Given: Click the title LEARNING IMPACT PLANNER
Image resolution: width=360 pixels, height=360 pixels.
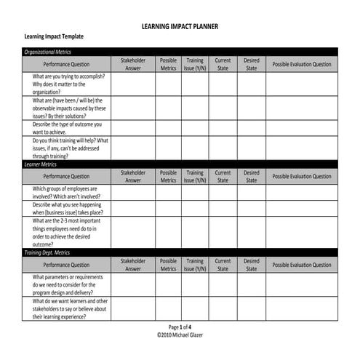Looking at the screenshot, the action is (180, 27).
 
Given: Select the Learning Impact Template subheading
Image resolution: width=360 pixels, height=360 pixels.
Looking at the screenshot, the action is (54, 36).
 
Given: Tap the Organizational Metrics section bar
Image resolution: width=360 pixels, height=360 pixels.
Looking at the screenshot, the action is (180, 52).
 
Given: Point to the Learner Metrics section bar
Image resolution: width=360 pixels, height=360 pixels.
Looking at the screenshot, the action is (180, 164).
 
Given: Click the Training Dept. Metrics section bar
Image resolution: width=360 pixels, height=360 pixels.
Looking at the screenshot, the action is (180, 252).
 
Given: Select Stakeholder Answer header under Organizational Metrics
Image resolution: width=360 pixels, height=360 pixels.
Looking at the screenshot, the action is (133, 64).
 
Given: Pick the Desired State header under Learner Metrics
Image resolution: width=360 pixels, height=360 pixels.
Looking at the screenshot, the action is (251, 176).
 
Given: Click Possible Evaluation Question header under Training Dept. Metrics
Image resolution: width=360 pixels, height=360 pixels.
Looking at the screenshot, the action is (301, 265).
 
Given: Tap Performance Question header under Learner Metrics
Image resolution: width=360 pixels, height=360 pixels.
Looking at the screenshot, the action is (66, 176).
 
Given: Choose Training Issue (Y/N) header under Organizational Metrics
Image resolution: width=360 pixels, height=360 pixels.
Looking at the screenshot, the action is (195, 64).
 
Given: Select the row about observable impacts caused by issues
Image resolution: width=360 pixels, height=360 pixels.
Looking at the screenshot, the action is (69, 108).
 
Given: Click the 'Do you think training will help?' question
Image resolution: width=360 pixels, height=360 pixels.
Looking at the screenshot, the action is (70, 148).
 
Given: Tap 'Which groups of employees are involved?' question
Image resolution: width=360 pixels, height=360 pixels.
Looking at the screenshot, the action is (70, 192).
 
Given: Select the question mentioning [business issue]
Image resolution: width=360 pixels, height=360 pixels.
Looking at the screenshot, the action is (70, 208).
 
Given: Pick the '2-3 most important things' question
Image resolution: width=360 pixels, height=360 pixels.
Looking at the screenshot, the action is (70, 232).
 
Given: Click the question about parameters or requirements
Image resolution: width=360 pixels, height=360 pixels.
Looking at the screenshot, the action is (70, 284).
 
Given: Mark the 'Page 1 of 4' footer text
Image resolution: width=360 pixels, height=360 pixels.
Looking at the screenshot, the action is (180, 327).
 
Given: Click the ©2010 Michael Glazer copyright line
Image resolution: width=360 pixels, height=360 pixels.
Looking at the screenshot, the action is (180, 335).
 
